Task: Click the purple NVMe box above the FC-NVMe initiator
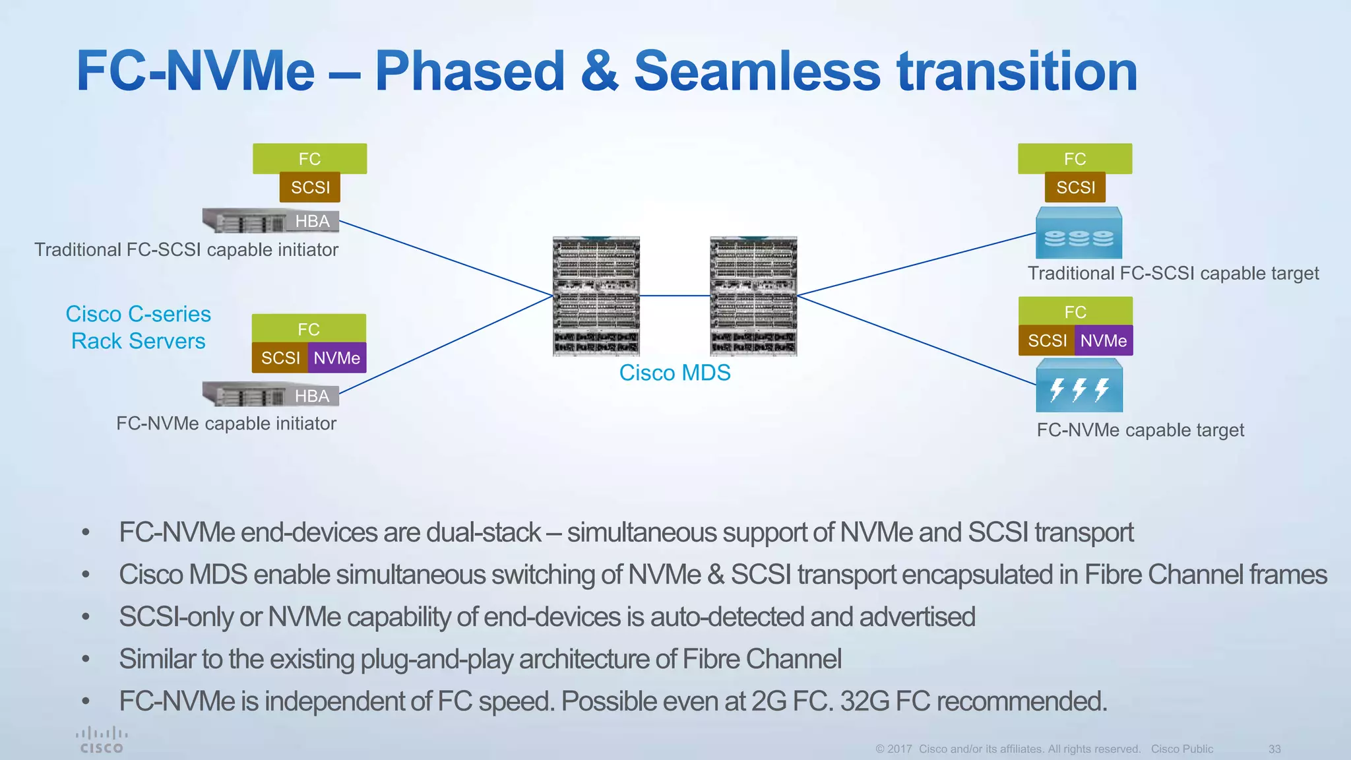coord(337,358)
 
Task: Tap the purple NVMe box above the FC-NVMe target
coord(1104,341)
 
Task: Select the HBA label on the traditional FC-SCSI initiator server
coord(313,221)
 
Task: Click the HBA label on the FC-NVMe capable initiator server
coord(312,396)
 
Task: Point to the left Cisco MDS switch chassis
coord(596,296)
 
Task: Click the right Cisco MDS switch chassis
coord(753,296)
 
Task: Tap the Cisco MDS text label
coord(675,373)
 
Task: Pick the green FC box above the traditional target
coord(1075,159)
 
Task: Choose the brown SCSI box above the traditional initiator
coord(310,187)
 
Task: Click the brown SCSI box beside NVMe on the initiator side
coord(280,358)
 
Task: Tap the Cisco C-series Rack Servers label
coord(139,327)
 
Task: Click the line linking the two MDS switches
coord(675,296)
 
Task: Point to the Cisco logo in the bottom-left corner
coord(102,740)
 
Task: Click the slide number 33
coord(1274,749)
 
